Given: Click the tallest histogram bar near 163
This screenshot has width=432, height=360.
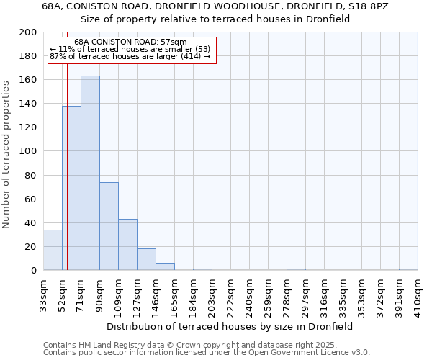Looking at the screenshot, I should pyautogui.click(x=90, y=173).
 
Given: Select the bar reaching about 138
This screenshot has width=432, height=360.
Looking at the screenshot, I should pyautogui.click(x=71, y=188).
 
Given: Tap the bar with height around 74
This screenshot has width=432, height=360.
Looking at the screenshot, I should pyautogui.click(x=109, y=226).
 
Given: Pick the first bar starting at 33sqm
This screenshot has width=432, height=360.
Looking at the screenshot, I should pyautogui.click(x=53, y=250).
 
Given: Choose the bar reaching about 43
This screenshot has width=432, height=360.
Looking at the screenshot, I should pyautogui.click(x=127, y=245).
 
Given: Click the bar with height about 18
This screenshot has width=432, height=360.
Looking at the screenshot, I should pyautogui.click(x=146, y=259).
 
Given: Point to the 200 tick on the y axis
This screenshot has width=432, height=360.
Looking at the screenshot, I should pyautogui.click(x=28, y=32).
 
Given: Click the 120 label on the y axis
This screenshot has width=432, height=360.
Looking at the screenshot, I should pyautogui.click(x=28, y=127).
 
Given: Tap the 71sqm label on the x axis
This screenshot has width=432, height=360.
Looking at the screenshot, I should pyautogui.click(x=81, y=293).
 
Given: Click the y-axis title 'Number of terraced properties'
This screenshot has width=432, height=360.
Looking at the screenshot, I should pyautogui.click(x=7, y=154).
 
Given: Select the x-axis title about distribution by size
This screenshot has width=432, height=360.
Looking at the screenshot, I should pyautogui.click(x=235, y=326).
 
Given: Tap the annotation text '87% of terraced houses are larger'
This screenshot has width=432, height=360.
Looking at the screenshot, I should pyautogui.click(x=130, y=56).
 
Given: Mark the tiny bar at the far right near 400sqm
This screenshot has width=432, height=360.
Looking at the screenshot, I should pyautogui.click(x=408, y=269).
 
